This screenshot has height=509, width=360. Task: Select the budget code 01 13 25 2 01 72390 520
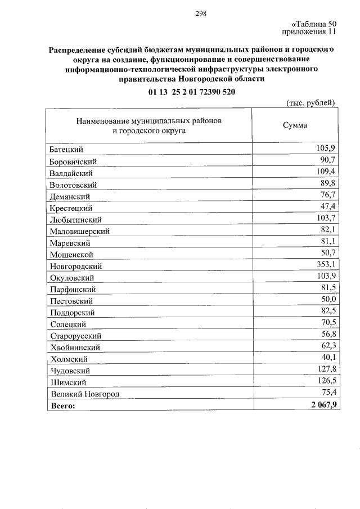pos(192,92)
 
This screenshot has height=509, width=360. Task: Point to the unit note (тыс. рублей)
pos(311,102)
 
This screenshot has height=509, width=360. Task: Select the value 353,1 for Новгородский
pos(327,264)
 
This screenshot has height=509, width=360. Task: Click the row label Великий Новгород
pos(84,394)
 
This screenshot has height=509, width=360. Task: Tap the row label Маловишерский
pos(79,231)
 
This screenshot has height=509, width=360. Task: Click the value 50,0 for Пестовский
pos(328,299)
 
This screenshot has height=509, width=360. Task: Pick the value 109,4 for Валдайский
pos(327,172)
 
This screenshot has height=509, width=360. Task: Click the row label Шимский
pos(67,382)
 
